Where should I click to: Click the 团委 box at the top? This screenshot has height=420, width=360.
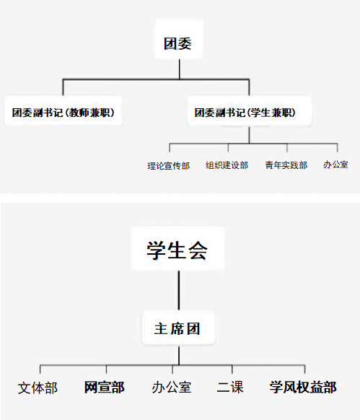click(179, 39)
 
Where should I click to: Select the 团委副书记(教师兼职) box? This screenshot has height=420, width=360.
click(63, 111)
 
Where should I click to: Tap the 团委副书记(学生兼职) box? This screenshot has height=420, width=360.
click(250, 111)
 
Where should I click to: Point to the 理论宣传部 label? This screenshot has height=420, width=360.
click(169, 166)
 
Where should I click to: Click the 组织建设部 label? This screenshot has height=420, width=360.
click(227, 165)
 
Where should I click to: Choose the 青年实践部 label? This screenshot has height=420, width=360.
click(286, 165)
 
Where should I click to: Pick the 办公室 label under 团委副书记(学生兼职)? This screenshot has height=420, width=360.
click(335, 165)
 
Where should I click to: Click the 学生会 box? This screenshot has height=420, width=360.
click(178, 248)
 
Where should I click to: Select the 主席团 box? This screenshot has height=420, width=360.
click(178, 328)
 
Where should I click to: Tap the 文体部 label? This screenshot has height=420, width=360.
click(38, 388)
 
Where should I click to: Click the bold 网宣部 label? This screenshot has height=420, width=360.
click(104, 387)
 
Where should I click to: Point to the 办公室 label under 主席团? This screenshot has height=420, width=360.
click(172, 387)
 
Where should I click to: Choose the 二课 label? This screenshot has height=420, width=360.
click(230, 387)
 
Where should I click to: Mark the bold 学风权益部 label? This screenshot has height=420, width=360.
click(303, 387)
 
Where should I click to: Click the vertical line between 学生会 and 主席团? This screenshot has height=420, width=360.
click(179, 290)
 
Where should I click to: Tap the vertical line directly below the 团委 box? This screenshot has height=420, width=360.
click(179, 69)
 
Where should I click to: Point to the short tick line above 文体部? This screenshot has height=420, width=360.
click(40, 369)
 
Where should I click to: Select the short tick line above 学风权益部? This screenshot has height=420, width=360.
click(305, 369)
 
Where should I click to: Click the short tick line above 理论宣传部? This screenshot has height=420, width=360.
click(170, 148)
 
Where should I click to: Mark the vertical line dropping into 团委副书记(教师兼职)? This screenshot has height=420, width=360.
click(63, 87)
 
